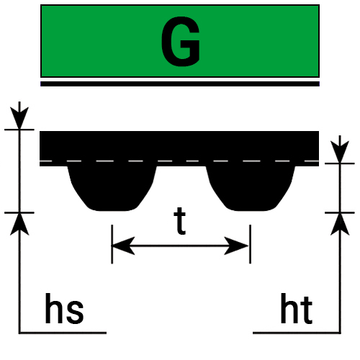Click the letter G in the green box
coord(181,41)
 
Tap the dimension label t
coord(180,221)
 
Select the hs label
coord(64,309)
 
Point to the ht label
coord(297,309)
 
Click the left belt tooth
coord(112,189)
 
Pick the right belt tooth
coord(251,189)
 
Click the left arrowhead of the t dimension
coord(123,246)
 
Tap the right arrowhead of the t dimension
coord(236,246)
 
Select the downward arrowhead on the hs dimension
coord(19,118)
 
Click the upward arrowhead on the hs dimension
coord(19,225)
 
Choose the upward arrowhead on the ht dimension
coord(340,225)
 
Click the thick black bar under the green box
coord(180,84)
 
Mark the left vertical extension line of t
coord(112,244)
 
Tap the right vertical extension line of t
coord(251,244)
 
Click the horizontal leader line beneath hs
coord(63,333)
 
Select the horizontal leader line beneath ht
coord(297,333)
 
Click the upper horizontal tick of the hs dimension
coord(19,130)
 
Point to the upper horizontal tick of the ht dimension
coord(340,163)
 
